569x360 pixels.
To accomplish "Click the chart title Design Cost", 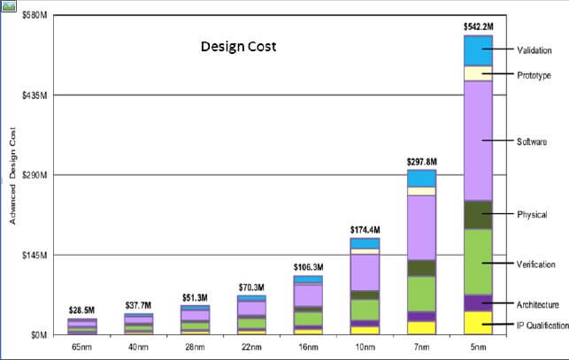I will click(x=238, y=45).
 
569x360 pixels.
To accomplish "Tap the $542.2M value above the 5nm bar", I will click(x=478, y=27).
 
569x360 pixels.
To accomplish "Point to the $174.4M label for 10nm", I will click(x=365, y=230).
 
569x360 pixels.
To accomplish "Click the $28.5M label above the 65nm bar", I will click(x=81, y=310).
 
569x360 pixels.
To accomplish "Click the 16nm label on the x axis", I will click(x=307, y=349).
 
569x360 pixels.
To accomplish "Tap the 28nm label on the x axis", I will click(x=195, y=349).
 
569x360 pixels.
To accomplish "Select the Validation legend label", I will click(x=536, y=50).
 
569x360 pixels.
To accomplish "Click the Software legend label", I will click(x=533, y=142).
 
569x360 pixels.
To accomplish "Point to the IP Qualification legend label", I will click(x=542, y=326).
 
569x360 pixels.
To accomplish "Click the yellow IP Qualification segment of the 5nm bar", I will click(x=478, y=323).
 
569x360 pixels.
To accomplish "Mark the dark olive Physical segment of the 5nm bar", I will click(x=478, y=215).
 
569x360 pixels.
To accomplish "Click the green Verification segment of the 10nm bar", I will click(x=365, y=309).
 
